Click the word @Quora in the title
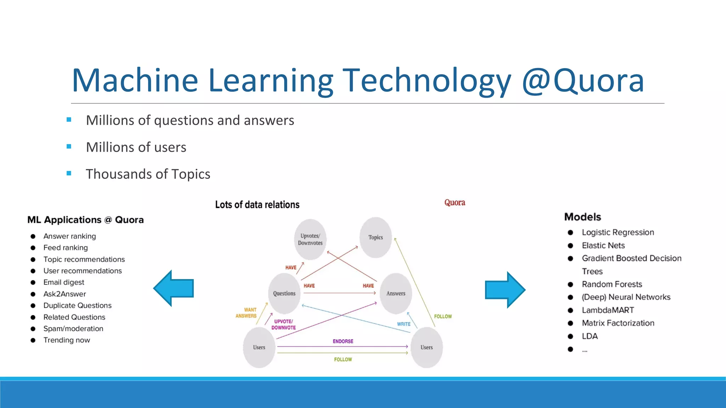pyautogui.click(x=583, y=81)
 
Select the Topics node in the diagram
pyautogui.click(x=375, y=237)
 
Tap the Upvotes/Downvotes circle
pyautogui.click(x=310, y=239)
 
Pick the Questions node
pyautogui.click(x=284, y=293)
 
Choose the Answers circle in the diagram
pyautogui.click(x=396, y=293)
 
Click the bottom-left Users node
pyautogui.click(x=259, y=347)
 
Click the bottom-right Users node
pyautogui.click(x=426, y=347)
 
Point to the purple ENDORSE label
pyautogui.click(x=343, y=341)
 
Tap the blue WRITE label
pyautogui.click(x=403, y=324)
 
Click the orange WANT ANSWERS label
pyautogui.click(x=246, y=313)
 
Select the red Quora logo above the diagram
pyautogui.click(x=454, y=203)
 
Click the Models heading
pyautogui.click(x=582, y=217)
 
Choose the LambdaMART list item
pyautogui.click(x=608, y=310)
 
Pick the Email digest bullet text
pyautogui.click(x=64, y=282)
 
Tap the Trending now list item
pyautogui.click(x=67, y=340)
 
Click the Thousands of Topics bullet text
pyautogui.click(x=148, y=174)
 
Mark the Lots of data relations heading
pyautogui.click(x=257, y=205)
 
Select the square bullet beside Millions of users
pyautogui.click(x=69, y=146)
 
